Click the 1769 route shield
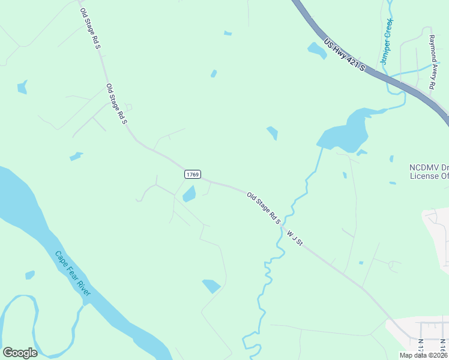click(192, 174)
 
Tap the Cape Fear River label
click(73, 273)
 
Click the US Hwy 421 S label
click(344, 56)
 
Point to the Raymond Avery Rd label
click(432, 62)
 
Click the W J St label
click(295, 238)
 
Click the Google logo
click(20, 353)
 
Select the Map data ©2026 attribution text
click(423, 355)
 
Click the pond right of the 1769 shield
click(189, 194)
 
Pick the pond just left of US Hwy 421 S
click(317, 50)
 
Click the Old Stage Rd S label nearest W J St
click(264, 208)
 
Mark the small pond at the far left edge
click(22, 88)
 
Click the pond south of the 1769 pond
click(211, 286)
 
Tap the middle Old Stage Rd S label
click(116, 104)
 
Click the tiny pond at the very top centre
click(228, 33)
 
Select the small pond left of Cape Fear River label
click(29, 275)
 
